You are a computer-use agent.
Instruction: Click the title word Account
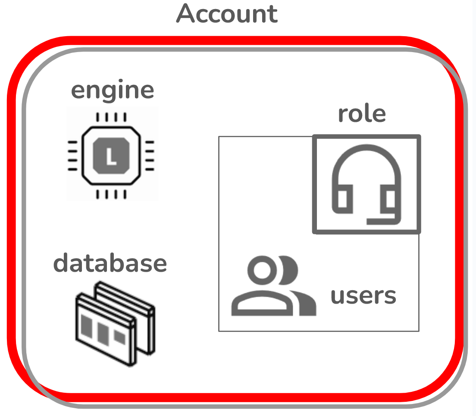tap(227, 14)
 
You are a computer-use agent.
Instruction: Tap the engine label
tap(112, 90)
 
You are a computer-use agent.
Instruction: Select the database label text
tap(110, 263)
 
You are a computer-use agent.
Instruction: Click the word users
tap(363, 295)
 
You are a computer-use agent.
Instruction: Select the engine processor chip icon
tap(111, 155)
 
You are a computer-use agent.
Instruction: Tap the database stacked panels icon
tap(115, 323)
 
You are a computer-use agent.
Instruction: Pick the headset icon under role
tap(366, 184)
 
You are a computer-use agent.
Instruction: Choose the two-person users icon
tap(273, 286)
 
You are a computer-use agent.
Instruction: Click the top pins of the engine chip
tap(111, 117)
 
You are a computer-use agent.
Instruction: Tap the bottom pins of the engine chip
tap(111, 194)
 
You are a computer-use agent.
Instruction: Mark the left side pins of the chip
tap(73, 155)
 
